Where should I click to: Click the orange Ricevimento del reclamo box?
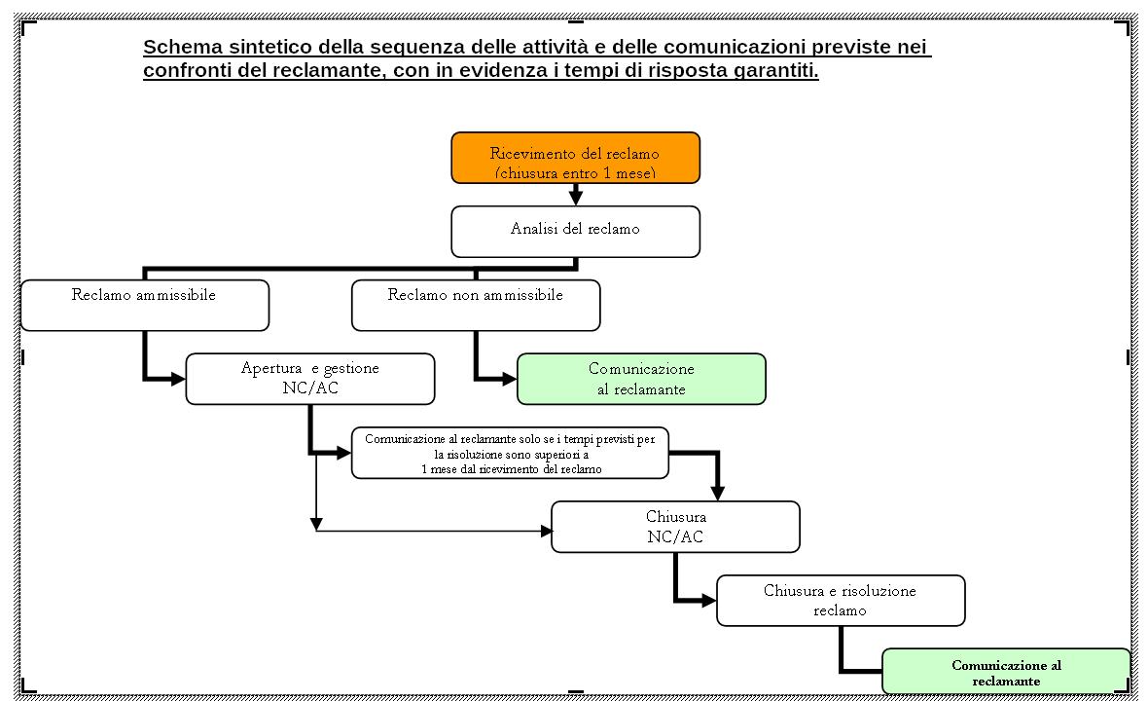click(576, 158)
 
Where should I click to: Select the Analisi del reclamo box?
click(576, 232)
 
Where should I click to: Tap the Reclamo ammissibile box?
click(145, 305)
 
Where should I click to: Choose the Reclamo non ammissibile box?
click(476, 305)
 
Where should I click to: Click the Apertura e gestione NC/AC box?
click(310, 379)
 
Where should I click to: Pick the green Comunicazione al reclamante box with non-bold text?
click(641, 379)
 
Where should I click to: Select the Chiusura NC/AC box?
click(675, 527)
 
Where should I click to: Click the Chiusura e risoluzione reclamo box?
click(841, 601)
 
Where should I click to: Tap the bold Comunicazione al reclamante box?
click(1006, 671)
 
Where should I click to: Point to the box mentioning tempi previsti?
click(511, 453)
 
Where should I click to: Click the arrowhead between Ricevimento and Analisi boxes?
click(576, 198)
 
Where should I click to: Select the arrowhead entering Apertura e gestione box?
click(178, 379)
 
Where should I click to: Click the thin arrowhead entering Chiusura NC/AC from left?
click(546, 531)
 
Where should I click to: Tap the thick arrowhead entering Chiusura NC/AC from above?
click(718, 494)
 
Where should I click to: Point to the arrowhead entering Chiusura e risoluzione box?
click(708, 601)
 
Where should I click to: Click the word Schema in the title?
click(183, 47)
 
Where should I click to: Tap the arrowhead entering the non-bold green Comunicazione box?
click(510, 379)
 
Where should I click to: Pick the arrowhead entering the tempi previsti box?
click(343, 453)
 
